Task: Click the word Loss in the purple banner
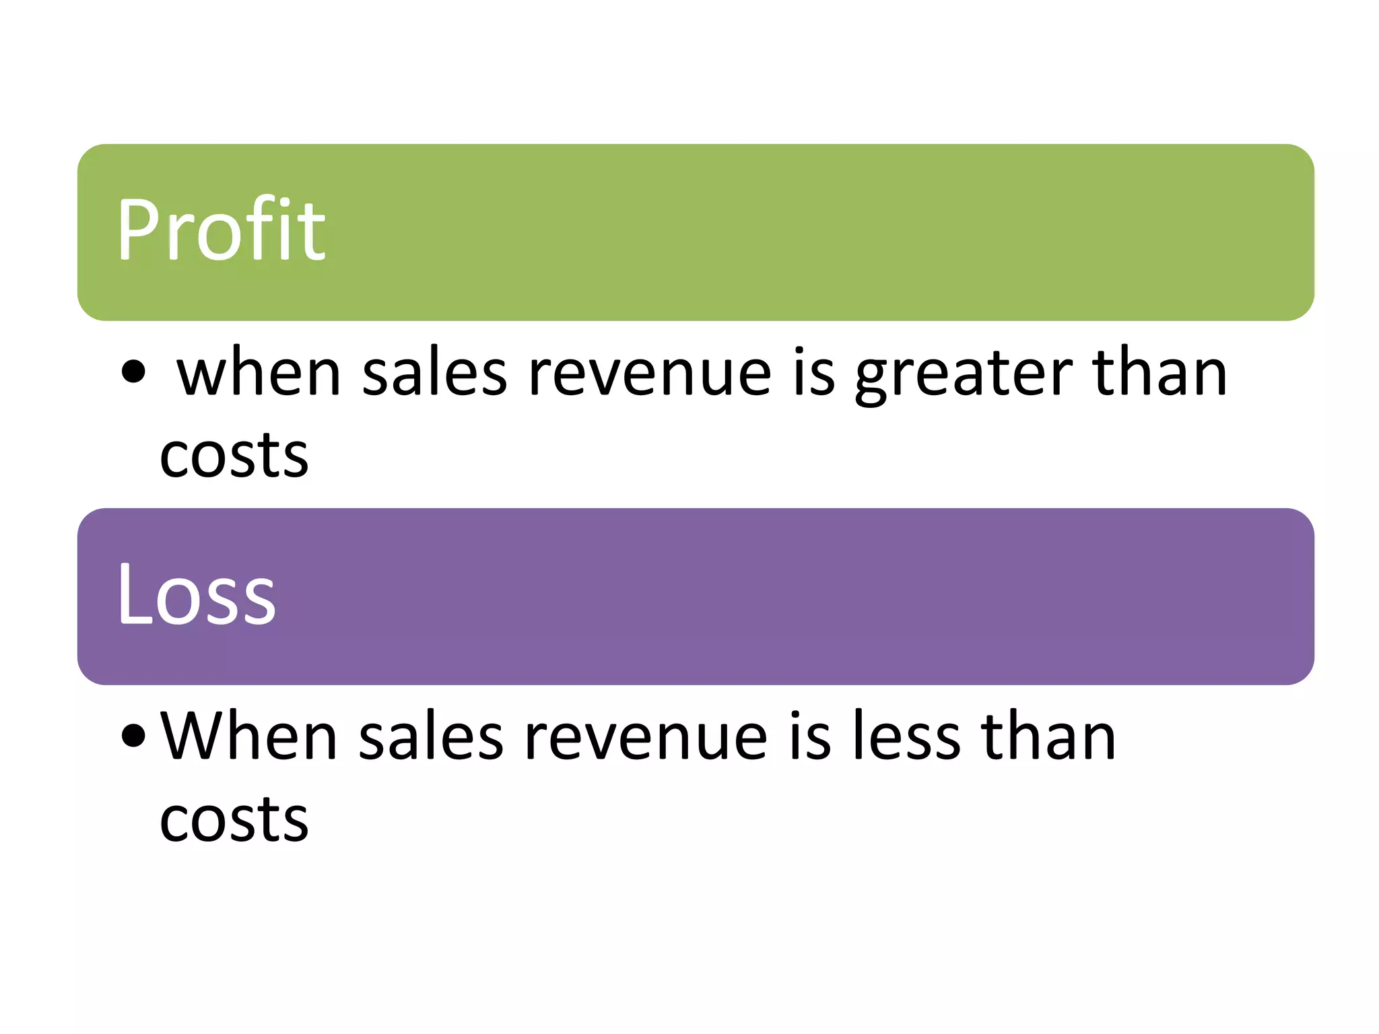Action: (197, 594)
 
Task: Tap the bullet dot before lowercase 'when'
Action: (133, 371)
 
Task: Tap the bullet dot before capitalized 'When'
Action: (133, 735)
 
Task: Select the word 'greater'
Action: (964, 374)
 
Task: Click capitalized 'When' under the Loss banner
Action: (248, 736)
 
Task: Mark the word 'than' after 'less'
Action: (1048, 736)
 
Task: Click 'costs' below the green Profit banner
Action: (234, 455)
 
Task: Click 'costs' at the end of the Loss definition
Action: (234, 819)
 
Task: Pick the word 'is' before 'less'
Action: (810, 736)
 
